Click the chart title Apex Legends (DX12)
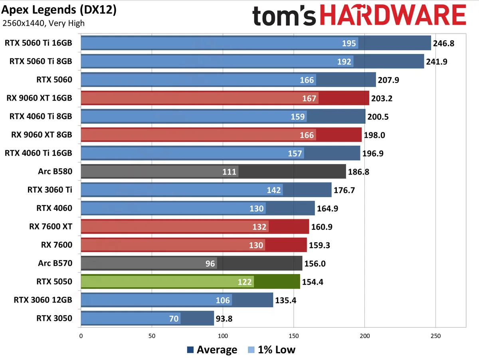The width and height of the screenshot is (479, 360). tap(59, 10)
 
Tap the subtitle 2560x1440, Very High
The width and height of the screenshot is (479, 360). tap(44, 23)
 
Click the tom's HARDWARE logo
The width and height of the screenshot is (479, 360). tap(359, 16)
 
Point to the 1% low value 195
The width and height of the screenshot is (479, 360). tap(349, 43)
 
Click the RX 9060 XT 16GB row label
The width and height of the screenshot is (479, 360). tap(39, 98)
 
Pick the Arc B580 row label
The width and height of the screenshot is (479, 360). tap(55, 171)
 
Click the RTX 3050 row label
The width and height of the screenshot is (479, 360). tap(54, 318)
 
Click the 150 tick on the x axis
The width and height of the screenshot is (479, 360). tap(294, 336)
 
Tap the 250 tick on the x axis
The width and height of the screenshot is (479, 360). tap(435, 336)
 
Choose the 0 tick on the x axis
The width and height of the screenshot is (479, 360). tap(81, 336)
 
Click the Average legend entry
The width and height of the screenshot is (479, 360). tap(212, 350)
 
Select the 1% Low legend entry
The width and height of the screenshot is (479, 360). tap(271, 350)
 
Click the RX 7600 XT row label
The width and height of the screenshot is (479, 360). tap(51, 227)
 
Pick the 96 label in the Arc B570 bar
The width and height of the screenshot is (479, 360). tap(210, 264)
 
